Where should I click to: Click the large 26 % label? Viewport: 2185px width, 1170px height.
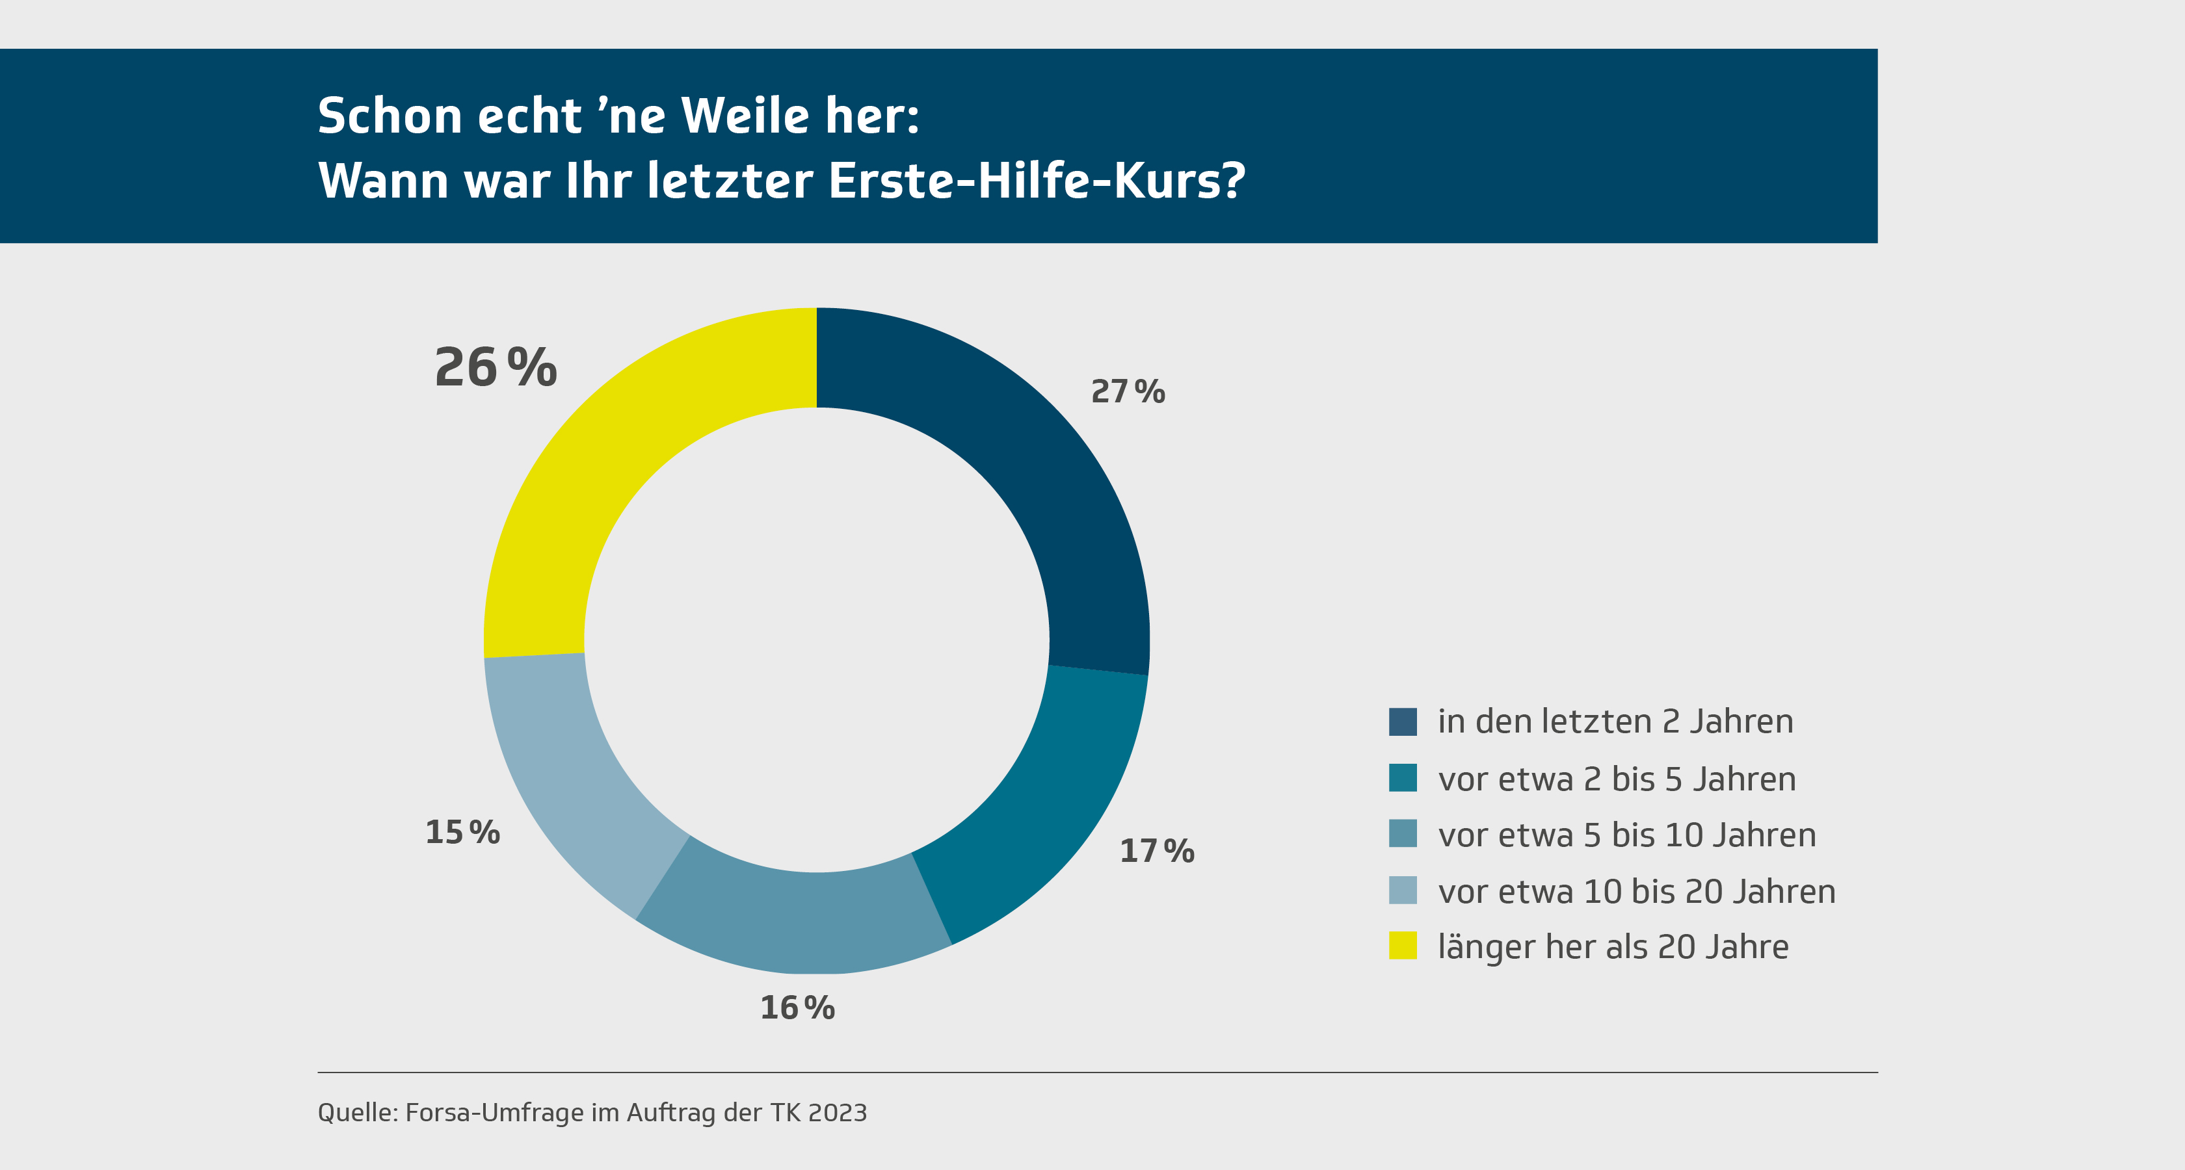[496, 368]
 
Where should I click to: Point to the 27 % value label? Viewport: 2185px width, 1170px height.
[1127, 392]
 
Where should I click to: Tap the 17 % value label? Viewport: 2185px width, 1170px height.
[1157, 850]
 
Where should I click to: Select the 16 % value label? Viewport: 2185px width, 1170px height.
[797, 1008]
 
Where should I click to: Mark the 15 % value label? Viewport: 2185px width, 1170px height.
[462, 832]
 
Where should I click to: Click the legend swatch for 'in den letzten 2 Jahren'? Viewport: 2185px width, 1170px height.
[1403, 721]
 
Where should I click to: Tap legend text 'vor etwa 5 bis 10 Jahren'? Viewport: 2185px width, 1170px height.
[1627, 835]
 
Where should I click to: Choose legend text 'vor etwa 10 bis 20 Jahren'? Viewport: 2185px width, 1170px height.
[1636, 892]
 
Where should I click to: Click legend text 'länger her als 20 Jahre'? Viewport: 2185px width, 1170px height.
[1613, 947]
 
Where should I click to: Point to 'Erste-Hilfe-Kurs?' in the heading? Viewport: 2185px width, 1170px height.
[1037, 181]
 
